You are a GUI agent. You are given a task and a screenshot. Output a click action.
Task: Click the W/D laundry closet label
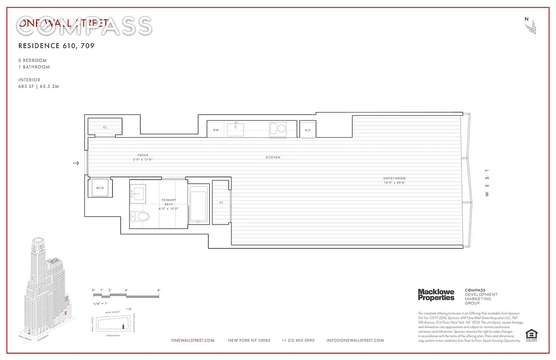pyautogui.click(x=100, y=188)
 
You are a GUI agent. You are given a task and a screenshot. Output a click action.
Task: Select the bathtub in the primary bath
pyautogui.click(x=198, y=204)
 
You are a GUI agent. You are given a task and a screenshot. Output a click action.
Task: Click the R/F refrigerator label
pyautogui.click(x=308, y=130)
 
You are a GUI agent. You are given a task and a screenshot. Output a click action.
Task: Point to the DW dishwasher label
pyautogui.click(x=216, y=130)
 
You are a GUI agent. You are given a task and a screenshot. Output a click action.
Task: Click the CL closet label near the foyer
pyautogui.click(x=105, y=127)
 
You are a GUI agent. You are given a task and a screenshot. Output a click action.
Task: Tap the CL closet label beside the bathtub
pyautogui.click(x=221, y=202)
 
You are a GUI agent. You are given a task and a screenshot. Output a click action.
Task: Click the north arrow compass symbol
pyautogui.click(x=530, y=27)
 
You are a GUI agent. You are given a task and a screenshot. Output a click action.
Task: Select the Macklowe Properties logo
pyautogui.click(x=436, y=295)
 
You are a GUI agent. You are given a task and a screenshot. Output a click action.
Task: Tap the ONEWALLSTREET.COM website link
pyautogui.click(x=193, y=341)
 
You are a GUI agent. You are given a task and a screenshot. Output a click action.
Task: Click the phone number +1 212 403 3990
pyautogui.click(x=298, y=341)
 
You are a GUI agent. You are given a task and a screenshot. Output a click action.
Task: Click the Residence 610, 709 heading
pyautogui.click(x=56, y=45)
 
